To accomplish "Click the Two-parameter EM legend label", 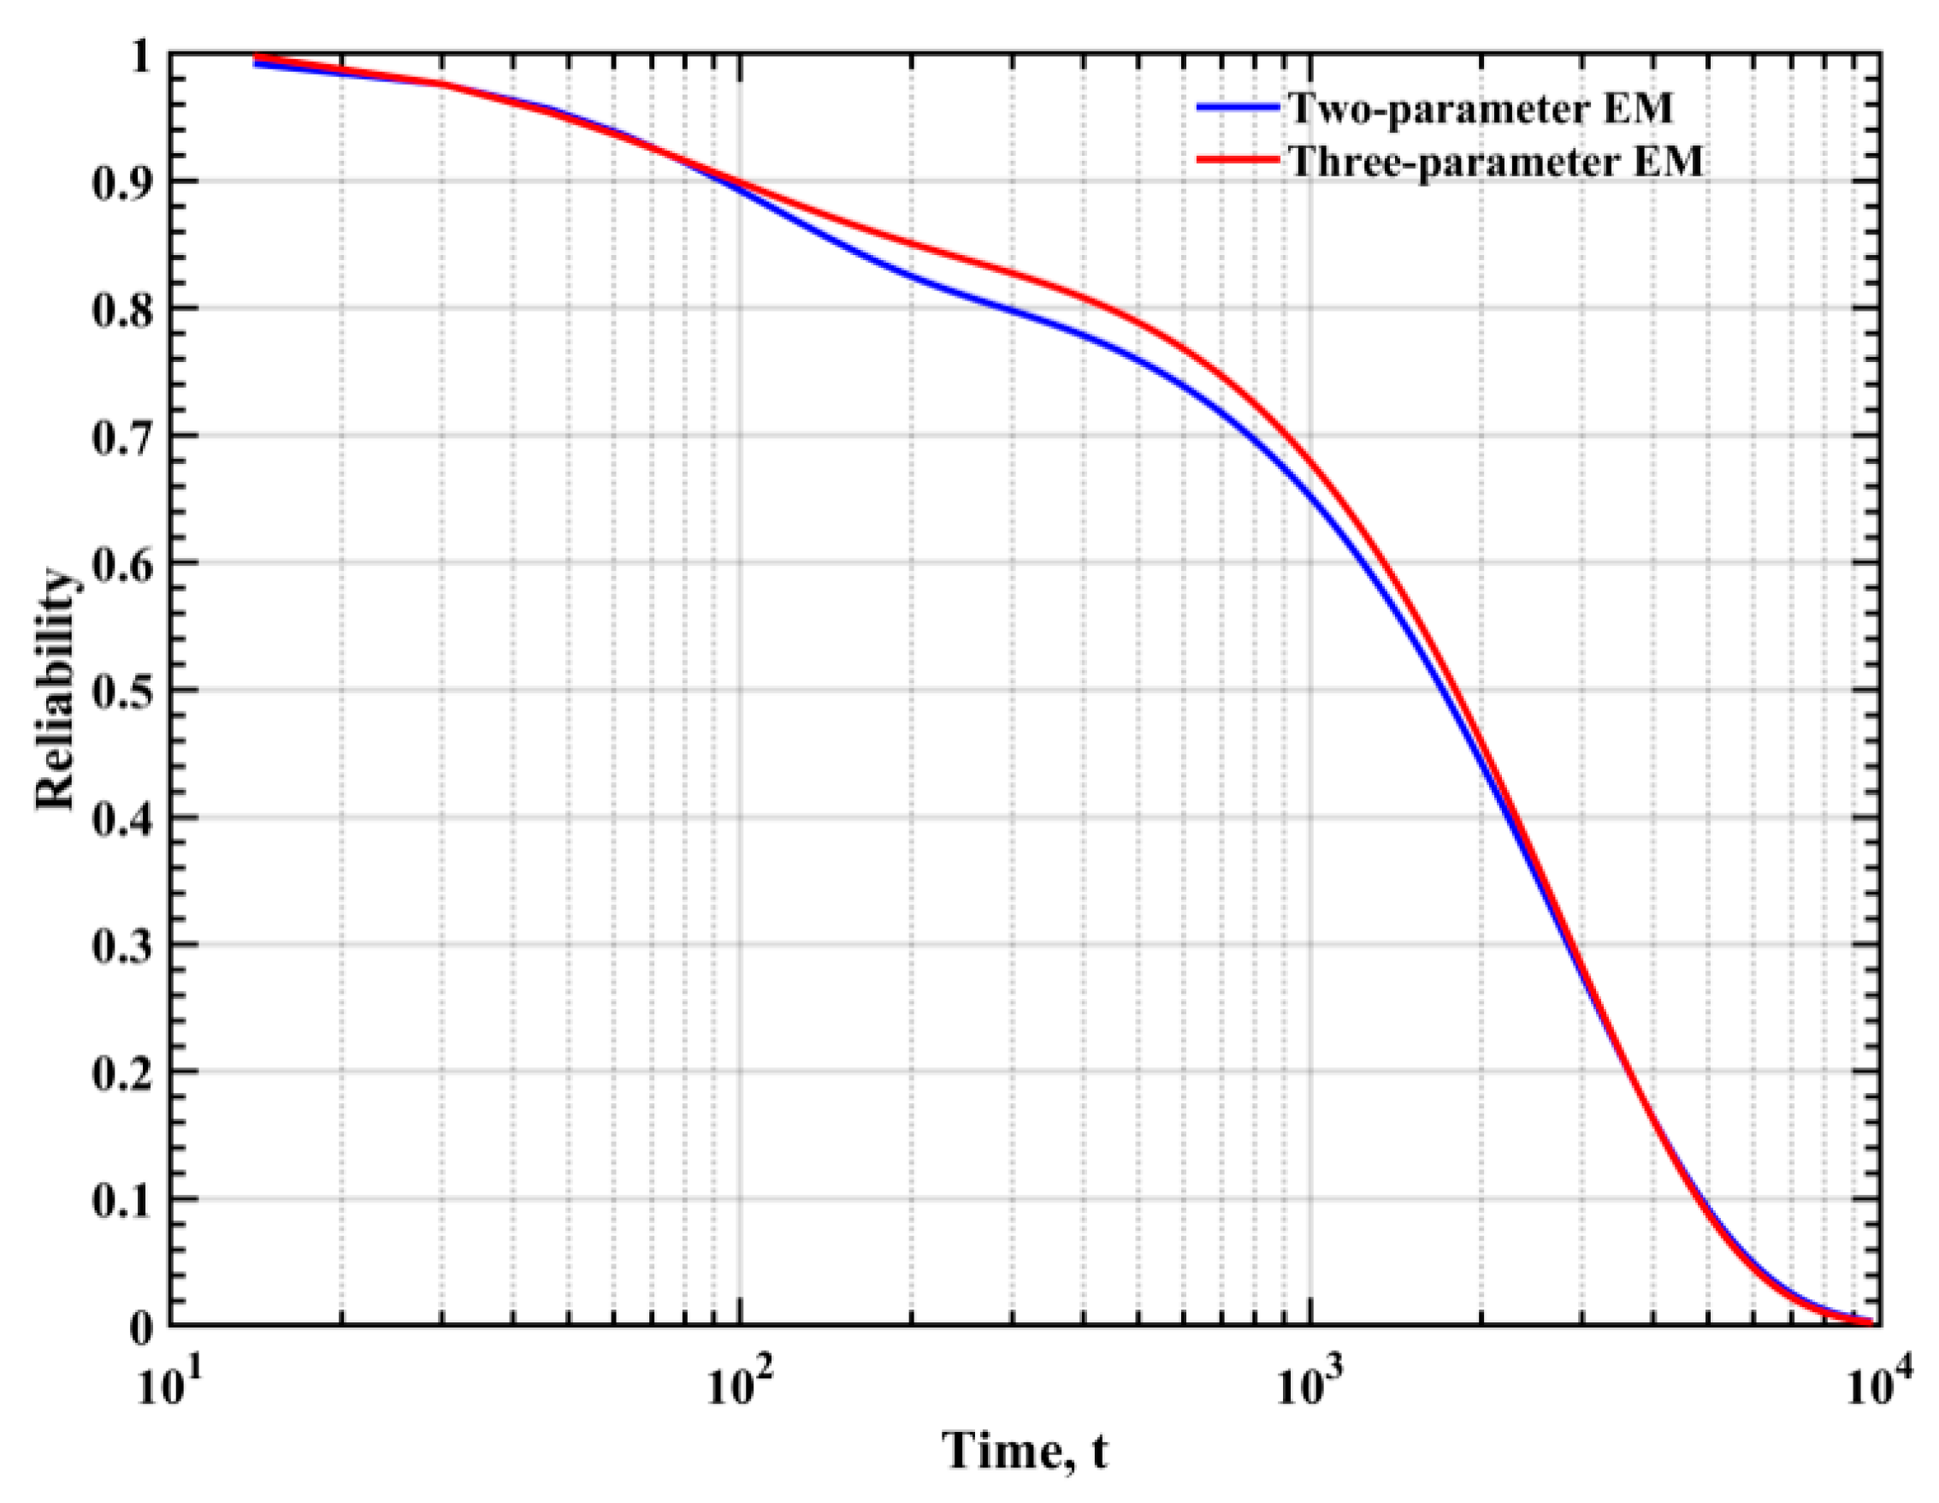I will (x=1480, y=109).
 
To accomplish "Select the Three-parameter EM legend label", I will (x=1496, y=161).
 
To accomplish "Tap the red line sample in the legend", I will (x=1238, y=160).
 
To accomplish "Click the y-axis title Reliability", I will (x=55, y=689).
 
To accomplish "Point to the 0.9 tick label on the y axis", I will (x=121, y=182).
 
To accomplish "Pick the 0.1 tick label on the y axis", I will (x=121, y=1199).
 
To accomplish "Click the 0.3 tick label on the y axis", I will (x=121, y=945).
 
